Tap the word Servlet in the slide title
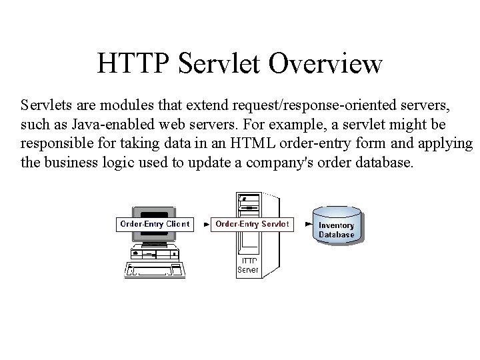point(219,64)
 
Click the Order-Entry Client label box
point(154,224)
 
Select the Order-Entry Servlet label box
point(252,224)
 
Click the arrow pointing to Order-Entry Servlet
point(202,225)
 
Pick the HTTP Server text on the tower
point(247,265)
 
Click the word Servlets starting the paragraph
point(43,105)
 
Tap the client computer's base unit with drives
point(155,253)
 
